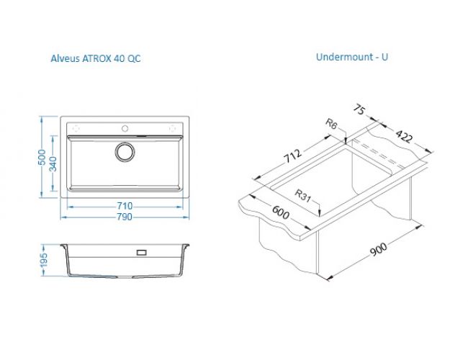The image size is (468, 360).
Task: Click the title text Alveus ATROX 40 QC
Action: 96,58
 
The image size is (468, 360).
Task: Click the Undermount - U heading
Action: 352,57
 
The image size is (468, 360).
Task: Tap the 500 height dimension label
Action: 42,157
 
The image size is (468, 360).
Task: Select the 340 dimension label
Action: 53,164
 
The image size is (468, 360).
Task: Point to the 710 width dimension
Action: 125,206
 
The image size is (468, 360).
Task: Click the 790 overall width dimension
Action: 125,217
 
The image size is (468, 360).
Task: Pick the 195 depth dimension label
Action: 44,260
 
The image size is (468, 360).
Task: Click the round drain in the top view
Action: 125,152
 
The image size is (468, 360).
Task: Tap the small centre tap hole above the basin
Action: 125,129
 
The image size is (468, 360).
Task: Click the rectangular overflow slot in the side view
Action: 141,253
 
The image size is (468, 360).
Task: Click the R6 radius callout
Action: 331,124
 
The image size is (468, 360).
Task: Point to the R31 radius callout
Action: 302,196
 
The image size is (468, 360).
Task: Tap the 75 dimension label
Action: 359,109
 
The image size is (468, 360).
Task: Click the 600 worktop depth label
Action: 281,212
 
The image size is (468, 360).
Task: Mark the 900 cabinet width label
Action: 379,249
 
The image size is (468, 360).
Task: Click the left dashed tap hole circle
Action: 76,128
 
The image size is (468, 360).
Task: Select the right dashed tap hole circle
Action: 173,128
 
